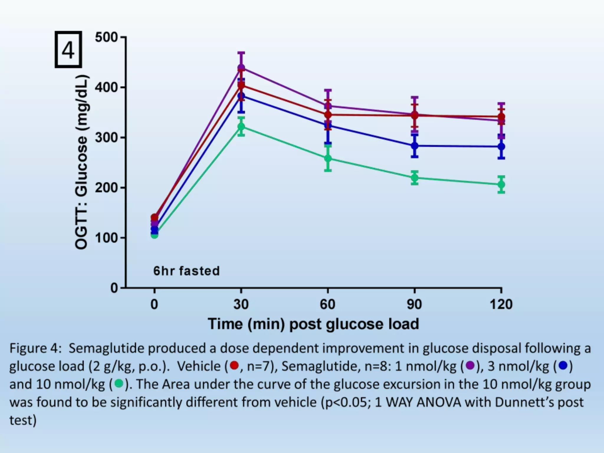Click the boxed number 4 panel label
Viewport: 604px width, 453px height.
pos(68,50)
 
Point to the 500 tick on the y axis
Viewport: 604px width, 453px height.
pos(106,38)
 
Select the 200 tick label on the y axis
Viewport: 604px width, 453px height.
pos(106,188)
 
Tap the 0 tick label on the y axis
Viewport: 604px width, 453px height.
pos(114,288)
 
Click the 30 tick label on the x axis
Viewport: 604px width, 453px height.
pos(241,304)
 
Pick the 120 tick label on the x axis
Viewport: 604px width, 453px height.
pos(501,304)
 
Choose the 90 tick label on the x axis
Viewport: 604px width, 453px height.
pos(414,304)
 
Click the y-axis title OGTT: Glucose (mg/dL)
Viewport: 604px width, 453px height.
pos(81,162)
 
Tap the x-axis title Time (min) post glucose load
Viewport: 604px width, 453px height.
pos(313,324)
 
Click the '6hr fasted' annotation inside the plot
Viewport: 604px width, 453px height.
pos(186,271)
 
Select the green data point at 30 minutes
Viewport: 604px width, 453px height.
pos(241,127)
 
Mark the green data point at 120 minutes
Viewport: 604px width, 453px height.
pos(501,185)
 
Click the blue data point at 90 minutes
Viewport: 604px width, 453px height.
pos(414,146)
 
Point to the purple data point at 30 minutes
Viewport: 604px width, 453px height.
pos(241,68)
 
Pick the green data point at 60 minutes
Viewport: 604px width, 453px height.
pos(328,158)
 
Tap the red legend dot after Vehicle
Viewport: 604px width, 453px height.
pos(234,366)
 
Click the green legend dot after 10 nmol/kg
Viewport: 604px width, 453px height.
pos(119,384)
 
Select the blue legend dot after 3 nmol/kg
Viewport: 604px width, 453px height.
pos(563,366)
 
